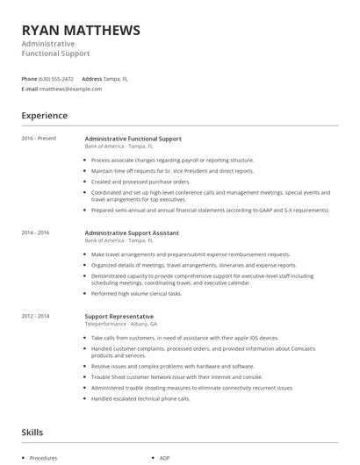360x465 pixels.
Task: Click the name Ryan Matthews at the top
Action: click(81, 31)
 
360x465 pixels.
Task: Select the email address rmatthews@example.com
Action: click(71, 89)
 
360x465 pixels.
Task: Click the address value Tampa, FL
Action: click(116, 78)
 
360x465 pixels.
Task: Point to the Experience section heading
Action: click(45, 116)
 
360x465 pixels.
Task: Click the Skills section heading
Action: click(32, 433)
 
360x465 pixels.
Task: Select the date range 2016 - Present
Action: click(39, 139)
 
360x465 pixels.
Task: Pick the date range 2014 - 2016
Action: click(36, 232)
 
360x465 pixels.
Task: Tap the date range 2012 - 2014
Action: click(36, 316)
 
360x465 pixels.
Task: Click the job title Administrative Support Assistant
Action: click(132, 232)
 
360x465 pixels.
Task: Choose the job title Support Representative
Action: click(119, 316)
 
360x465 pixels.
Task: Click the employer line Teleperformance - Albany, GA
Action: click(121, 324)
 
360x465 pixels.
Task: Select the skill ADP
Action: click(164, 458)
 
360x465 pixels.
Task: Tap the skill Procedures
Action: click(43, 458)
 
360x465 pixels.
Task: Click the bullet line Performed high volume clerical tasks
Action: click(136, 294)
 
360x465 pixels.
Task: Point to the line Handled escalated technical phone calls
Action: click(139, 397)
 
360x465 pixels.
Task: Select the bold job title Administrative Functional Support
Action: click(133, 139)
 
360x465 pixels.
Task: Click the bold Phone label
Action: click(29, 78)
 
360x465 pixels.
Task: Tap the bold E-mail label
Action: click(30, 89)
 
